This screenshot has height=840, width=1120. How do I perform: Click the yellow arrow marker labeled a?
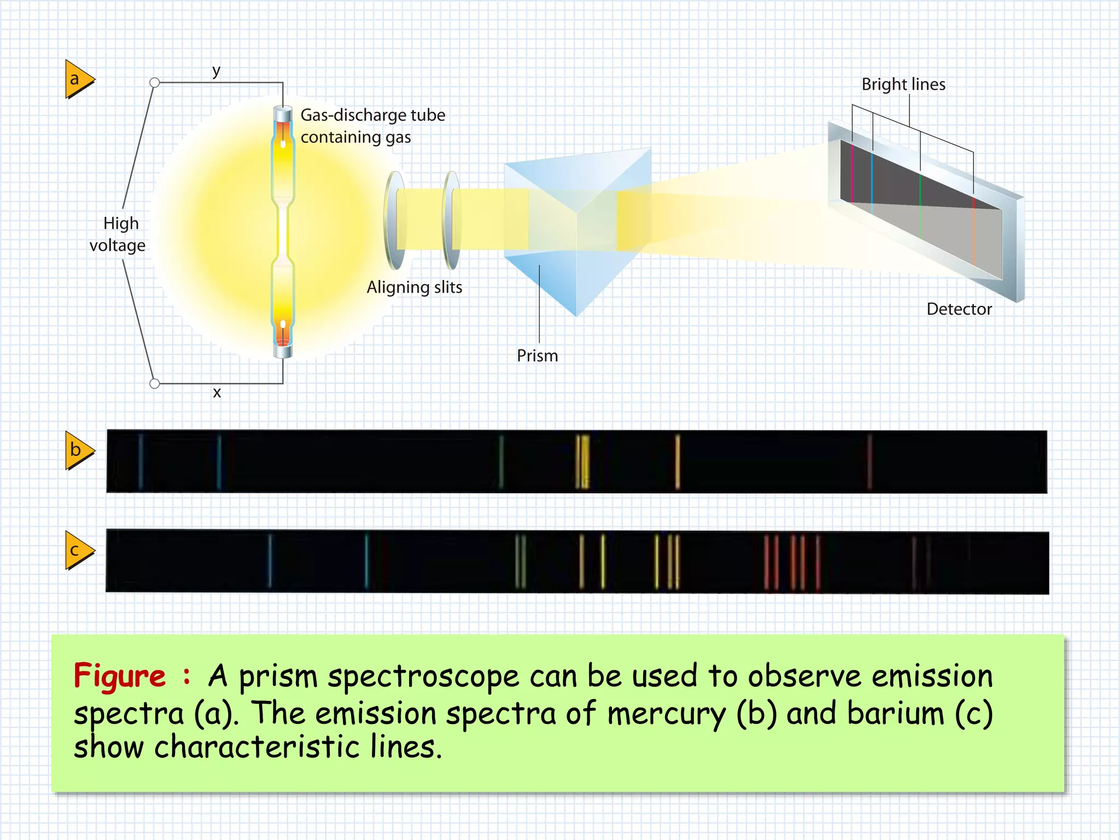click(78, 79)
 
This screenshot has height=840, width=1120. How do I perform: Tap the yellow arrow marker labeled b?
click(78, 450)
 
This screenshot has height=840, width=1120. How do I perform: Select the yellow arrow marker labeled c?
click(78, 550)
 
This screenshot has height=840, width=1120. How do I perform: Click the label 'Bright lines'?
click(903, 85)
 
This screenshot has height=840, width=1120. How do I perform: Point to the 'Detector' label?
click(959, 309)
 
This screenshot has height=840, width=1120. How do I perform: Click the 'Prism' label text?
click(537, 355)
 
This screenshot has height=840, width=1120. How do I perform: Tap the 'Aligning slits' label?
click(414, 287)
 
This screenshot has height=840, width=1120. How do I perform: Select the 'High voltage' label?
click(118, 234)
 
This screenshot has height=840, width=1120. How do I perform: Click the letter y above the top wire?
click(216, 71)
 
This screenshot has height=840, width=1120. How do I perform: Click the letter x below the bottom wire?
click(217, 392)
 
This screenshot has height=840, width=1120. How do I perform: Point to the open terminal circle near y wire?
click(155, 83)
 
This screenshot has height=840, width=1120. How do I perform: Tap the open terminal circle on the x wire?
click(155, 383)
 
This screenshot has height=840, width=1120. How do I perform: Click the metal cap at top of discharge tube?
click(283, 114)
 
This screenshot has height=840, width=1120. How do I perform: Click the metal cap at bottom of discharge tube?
click(283, 350)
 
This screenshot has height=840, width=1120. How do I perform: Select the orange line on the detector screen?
click(973, 230)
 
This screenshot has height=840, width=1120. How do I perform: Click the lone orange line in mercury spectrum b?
click(678, 461)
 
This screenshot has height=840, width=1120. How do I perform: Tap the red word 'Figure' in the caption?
click(119, 676)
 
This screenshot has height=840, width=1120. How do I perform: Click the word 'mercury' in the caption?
click(666, 714)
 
